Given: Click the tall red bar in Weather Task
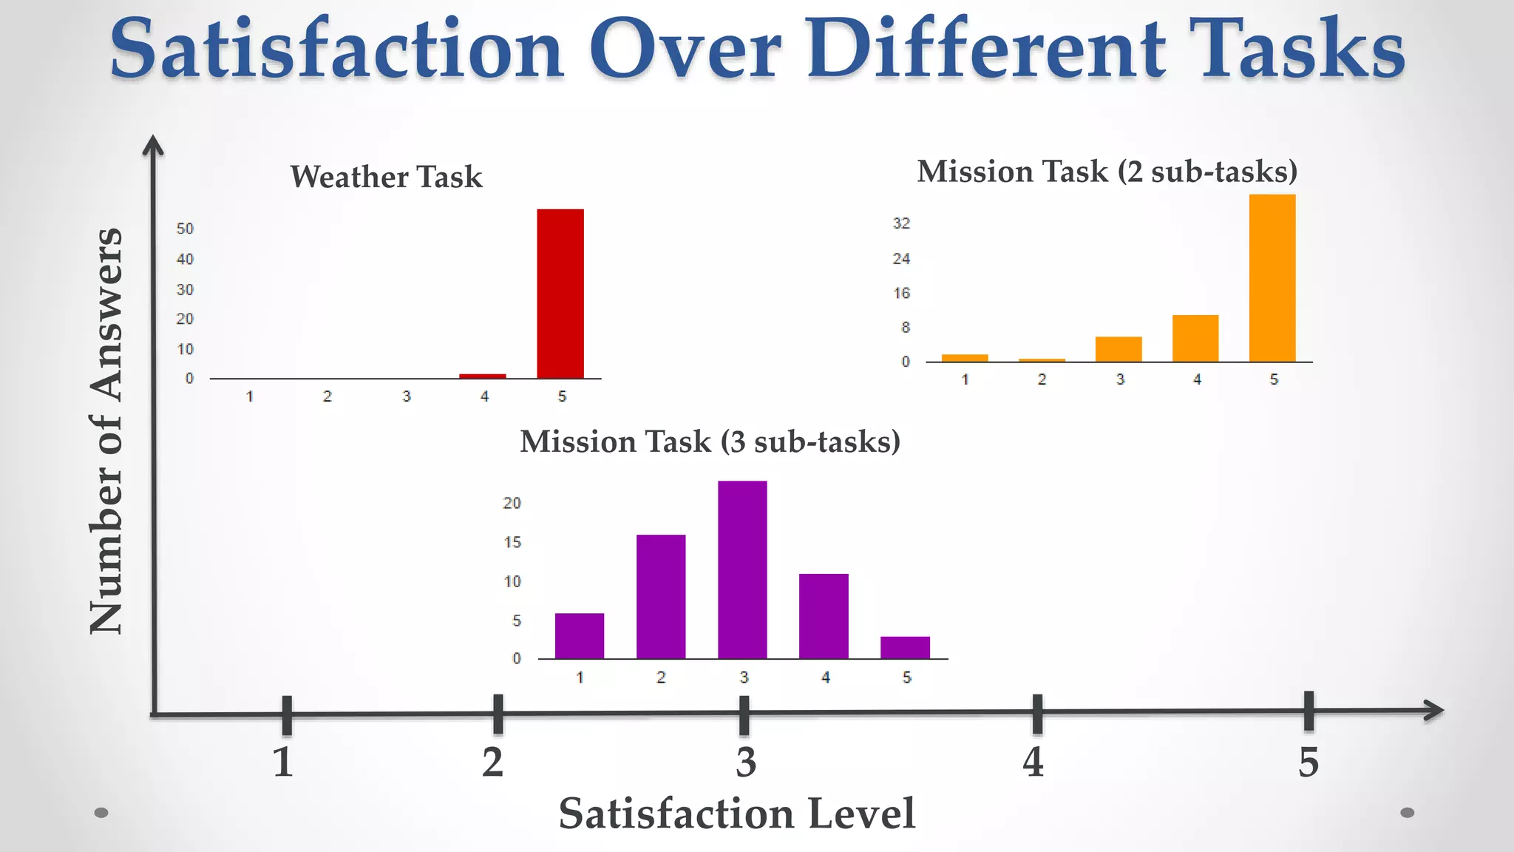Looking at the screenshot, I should pos(560,294).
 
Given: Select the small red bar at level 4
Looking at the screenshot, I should pos(482,376).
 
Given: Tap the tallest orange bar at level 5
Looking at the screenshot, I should pos(1272,278).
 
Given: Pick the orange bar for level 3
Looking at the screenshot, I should pos(1118,349).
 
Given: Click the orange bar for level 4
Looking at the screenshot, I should pos(1195,338).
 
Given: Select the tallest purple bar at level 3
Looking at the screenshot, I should pos(742,569).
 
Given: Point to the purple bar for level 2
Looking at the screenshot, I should pos(660,596).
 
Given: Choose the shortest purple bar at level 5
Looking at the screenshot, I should pos(905,647).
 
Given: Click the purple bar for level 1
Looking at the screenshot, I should pos(579,635).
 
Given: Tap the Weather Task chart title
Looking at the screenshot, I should pos(386,177).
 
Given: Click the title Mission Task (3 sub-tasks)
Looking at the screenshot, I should pos(710,442).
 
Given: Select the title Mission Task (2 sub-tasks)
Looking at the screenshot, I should pos(1107,172).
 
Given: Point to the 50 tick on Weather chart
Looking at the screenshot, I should pos(185,229).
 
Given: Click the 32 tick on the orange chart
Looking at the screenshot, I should pos(901,223).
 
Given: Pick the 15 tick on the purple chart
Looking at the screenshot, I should pos(512,542).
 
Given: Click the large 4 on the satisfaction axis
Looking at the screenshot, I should pos(1033,762).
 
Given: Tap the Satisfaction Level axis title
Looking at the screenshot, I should pos(736,814).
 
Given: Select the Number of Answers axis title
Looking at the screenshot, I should pos(106,430).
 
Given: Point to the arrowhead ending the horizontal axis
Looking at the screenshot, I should pos(1434,711).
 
